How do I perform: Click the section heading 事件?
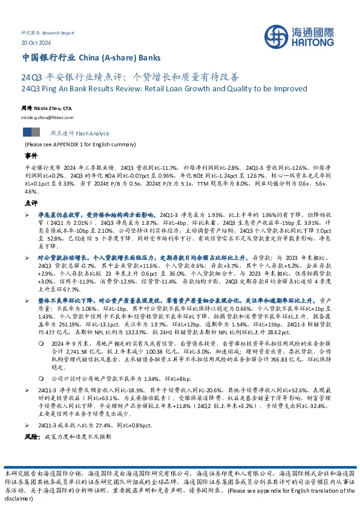pyautogui.click(x=30, y=156)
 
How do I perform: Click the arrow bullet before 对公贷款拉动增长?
pyautogui.click(x=27, y=258)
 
